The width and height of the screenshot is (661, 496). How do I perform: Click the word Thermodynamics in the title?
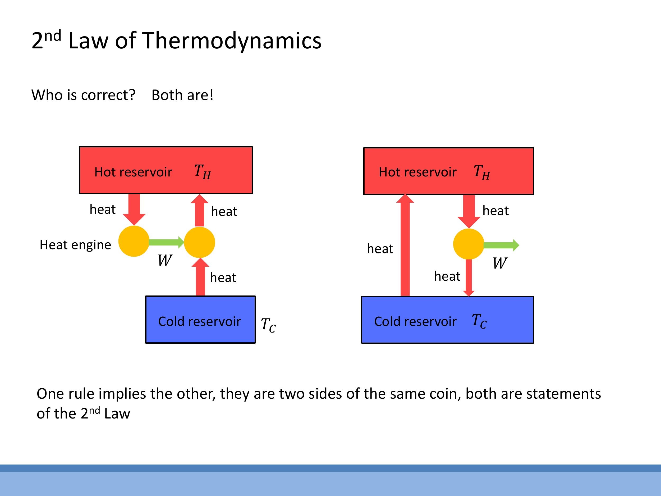click(232, 41)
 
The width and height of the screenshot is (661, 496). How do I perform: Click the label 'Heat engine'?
click(75, 245)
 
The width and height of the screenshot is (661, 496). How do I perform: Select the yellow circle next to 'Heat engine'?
click(134, 241)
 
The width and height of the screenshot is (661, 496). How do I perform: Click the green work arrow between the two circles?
click(166, 242)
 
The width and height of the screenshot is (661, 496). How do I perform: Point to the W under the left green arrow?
click(165, 260)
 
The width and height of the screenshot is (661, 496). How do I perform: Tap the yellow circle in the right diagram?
click(469, 244)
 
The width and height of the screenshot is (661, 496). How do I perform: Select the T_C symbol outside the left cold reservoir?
click(268, 325)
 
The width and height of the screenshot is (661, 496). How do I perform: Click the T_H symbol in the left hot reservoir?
click(202, 172)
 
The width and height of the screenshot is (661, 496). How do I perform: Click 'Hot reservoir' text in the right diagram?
click(417, 172)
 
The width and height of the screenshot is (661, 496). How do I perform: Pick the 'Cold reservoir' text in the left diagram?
click(199, 322)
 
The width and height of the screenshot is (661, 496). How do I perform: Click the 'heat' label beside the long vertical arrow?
click(380, 249)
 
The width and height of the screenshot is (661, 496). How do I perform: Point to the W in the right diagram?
click(500, 263)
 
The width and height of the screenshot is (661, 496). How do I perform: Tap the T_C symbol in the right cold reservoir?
click(479, 321)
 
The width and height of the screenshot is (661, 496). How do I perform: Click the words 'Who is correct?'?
click(83, 95)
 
